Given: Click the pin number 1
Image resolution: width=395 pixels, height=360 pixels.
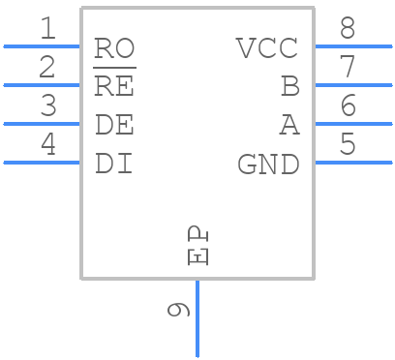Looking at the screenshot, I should click(46, 29).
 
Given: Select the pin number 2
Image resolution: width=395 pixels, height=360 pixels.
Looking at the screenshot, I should click(46, 68).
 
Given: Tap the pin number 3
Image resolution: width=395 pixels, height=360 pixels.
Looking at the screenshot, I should click(46, 106).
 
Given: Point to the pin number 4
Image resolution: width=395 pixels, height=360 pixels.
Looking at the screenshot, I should click(46, 145).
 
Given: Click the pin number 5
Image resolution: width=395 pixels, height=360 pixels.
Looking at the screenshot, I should click(348, 145).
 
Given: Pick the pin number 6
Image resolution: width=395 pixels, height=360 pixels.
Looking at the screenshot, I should click(348, 106).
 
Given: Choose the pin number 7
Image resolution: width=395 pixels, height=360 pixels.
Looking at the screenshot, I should click(348, 68).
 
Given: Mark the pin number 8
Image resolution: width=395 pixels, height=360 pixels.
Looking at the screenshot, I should click(348, 29).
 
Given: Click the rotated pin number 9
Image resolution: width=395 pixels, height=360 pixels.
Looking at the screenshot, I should click(177, 310).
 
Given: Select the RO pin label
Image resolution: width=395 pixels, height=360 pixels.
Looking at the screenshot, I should click(114, 47).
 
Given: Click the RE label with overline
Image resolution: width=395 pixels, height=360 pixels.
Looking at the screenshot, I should click(114, 86).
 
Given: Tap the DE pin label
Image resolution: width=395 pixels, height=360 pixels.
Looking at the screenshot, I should click(114, 125).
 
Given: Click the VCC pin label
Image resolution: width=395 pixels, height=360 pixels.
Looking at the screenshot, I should click(267, 47).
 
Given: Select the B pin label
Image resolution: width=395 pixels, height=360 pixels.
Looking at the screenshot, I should click(290, 86).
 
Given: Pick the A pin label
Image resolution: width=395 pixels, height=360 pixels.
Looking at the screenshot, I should click(290, 125).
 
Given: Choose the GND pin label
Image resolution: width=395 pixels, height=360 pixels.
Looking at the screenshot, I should click(268, 165).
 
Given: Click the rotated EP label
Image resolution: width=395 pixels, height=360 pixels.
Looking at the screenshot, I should click(197, 246).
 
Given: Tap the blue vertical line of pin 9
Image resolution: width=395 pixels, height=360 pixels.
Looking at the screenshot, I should click(197, 319).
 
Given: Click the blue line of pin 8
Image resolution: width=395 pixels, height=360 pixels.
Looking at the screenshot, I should click(353, 45).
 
